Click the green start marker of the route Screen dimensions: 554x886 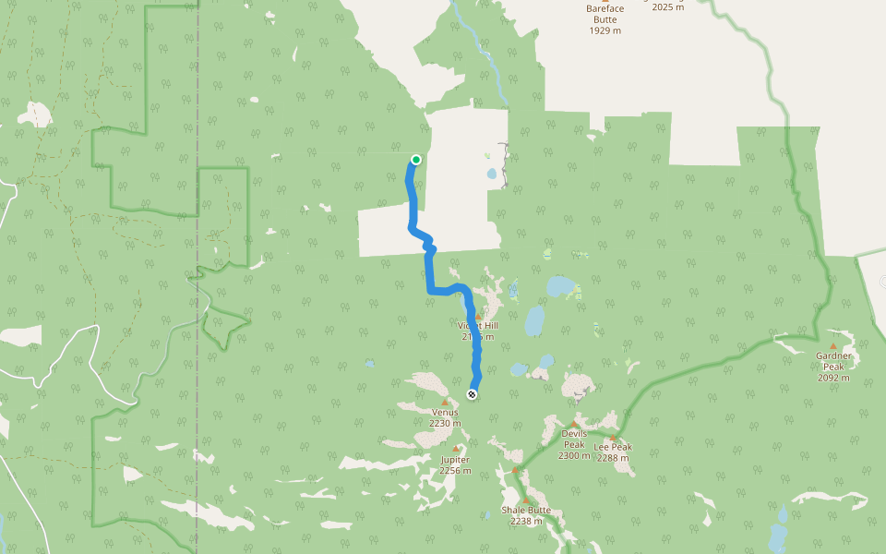point(416,160)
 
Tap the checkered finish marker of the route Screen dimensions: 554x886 point(473,395)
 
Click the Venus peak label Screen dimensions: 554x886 point(445,413)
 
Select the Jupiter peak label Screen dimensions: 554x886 point(455,460)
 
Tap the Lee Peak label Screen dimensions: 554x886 point(613,447)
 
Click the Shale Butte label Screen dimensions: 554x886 point(526,510)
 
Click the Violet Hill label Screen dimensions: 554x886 point(477,326)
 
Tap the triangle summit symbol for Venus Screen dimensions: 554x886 point(445,403)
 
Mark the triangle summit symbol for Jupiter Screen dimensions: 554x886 point(455,450)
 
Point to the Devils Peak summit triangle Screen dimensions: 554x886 point(574,424)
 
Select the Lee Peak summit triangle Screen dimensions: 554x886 point(613,438)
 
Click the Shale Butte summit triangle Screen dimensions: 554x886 point(526,500)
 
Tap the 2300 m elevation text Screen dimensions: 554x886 point(574,455)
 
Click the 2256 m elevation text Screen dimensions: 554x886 point(455,471)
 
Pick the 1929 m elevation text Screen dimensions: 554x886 point(605,30)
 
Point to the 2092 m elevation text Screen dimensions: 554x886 point(833,378)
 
